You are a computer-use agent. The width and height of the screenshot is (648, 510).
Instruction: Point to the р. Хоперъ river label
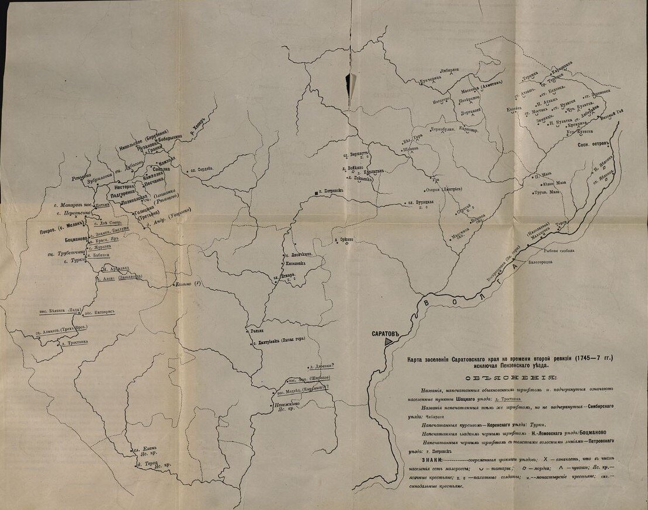199,124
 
